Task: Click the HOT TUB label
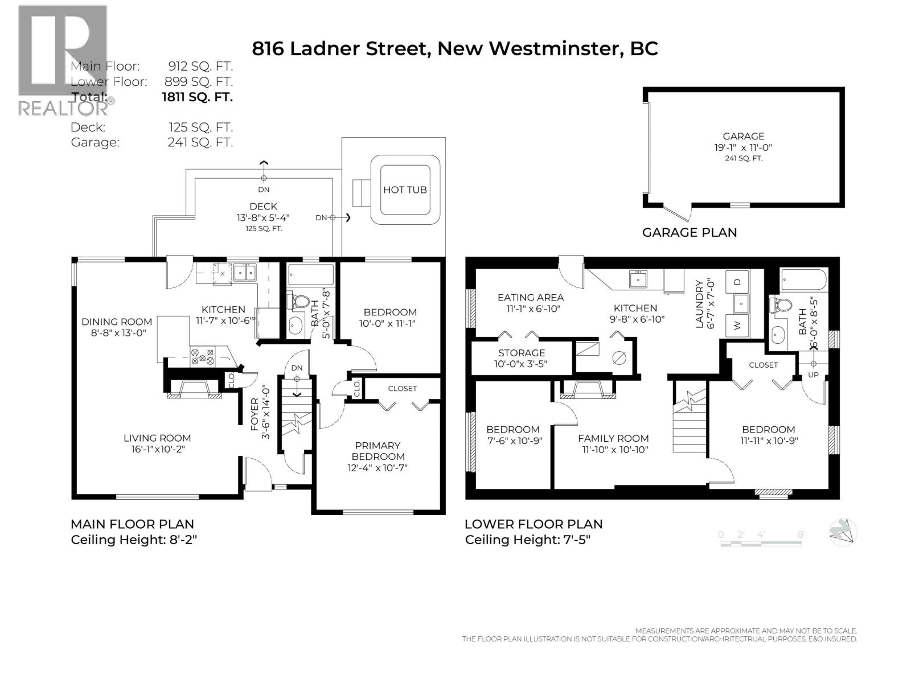tap(404, 190)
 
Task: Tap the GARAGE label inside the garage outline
tap(743, 136)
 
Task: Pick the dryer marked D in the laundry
tap(737, 282)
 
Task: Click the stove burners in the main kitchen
tap(203, 356)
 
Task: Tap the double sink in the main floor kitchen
tap(244, 273)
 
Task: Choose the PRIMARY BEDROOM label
tap(378, 451)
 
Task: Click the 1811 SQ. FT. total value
tap(198, 97)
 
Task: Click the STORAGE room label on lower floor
tap(522, 353)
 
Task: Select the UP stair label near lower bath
tap(813, 375)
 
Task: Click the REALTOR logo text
tap(64, 108)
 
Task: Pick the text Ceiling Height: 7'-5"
tap(527, 540)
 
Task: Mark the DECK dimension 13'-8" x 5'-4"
tap(263, 217)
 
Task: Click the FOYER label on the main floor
tap(254, 413)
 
